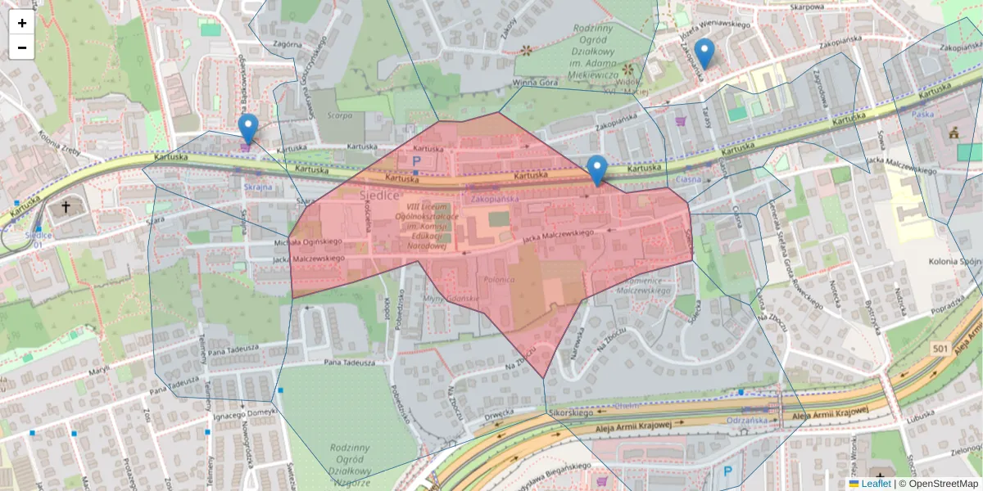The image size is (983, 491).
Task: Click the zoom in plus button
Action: (22, 23)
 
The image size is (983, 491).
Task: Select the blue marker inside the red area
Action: (597, 169)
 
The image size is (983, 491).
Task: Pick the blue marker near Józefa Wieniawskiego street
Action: (704, 53)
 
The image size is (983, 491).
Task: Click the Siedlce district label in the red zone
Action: (379, 195)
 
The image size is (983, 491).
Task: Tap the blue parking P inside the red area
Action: (416, 162)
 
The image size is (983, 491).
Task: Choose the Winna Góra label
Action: (535, 83)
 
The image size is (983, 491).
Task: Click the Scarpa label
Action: (339, 115)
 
